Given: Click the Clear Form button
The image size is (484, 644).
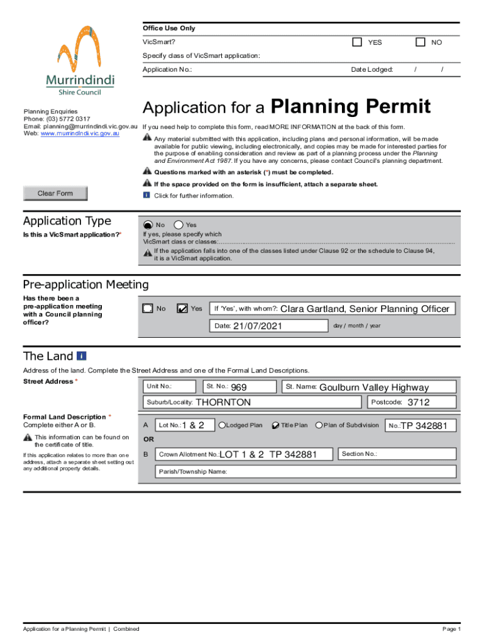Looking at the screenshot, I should coord(55,193).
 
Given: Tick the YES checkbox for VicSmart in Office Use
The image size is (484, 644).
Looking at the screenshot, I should coord(357,42).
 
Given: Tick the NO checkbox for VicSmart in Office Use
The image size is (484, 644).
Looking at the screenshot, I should coord(421,42).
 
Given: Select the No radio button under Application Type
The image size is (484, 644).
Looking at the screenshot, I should coord(147,225).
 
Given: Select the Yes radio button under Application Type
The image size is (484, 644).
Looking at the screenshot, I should coord(179,225).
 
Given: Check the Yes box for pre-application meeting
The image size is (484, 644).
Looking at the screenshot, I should coord(182,308).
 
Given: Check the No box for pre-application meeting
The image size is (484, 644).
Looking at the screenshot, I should coord(147,308).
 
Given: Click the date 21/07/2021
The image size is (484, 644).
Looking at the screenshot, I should coord(258,326).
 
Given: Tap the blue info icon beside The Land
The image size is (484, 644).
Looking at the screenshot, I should coord(82,356).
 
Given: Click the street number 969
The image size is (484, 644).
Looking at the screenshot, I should coord(238,387).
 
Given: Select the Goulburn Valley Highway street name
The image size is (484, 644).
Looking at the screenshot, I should coord(373,387).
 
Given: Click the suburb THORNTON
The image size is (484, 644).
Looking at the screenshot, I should coord(223,402).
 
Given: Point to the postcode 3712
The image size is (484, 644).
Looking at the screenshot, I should coord(418,402).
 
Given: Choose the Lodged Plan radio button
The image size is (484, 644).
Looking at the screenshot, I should coord(222,425).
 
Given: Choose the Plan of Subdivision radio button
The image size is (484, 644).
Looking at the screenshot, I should coord(319,425).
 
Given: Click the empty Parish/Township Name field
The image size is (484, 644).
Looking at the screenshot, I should coord(339,472).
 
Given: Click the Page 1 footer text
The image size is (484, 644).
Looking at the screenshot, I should coord(451,629).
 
